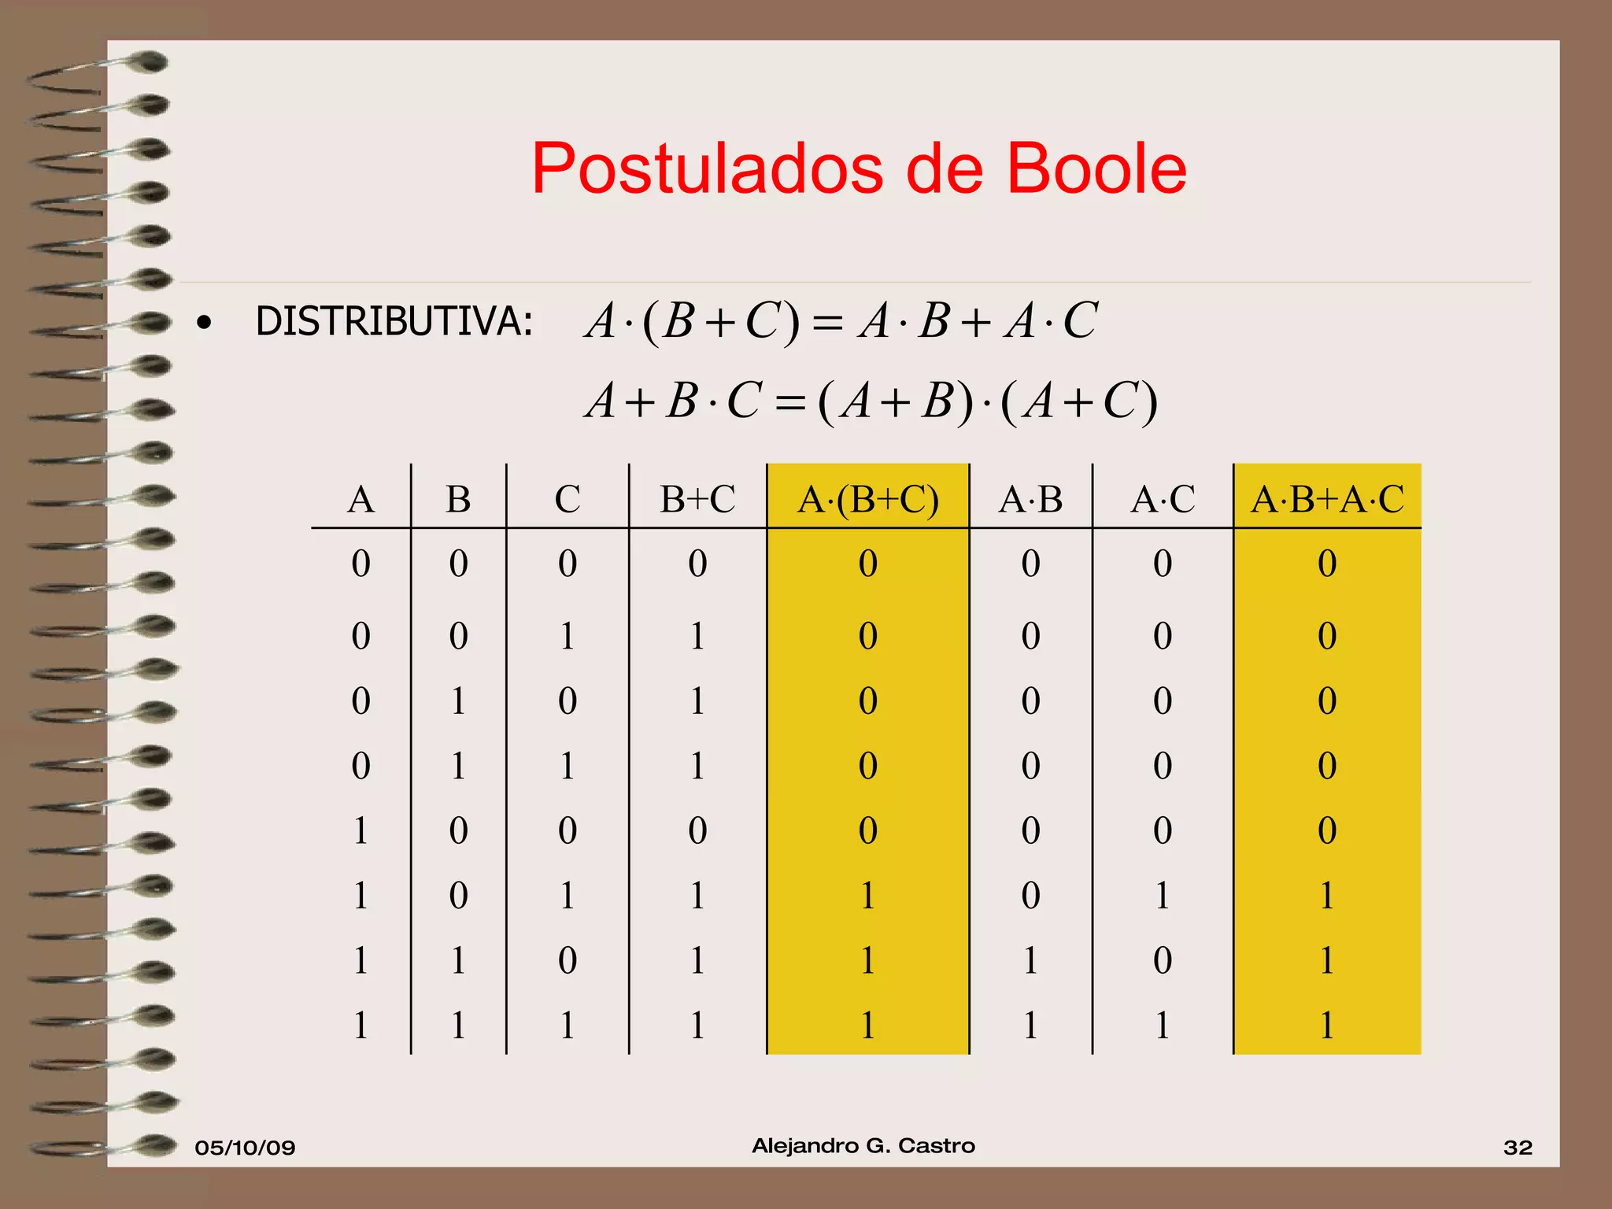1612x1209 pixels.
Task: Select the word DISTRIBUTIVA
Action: tap(394, 322)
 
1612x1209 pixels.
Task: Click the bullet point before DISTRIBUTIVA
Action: tap(205, 323)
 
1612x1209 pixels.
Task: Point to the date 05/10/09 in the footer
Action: tap(245, 1148)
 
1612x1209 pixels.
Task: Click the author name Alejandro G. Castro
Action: tap(863, 1146)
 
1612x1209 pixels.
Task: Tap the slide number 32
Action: tap(1518, 1148)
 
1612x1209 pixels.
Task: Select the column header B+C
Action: tap(697, 499)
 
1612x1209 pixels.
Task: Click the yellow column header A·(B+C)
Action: tap(867, 499)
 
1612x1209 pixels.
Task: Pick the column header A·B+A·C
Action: tap(1327, 499)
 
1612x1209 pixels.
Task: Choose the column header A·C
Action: tap(1163, 499)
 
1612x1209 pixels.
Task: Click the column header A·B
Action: tap(1030, 499)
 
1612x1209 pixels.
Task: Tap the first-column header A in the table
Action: tap(360, 499)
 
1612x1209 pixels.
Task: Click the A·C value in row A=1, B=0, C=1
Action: tap(1163, 896)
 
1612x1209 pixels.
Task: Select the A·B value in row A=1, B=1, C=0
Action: tap(1030, 960)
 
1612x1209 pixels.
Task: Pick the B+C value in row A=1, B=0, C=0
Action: tap(697, 830)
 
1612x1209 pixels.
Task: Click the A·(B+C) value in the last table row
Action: tap(867, 1026)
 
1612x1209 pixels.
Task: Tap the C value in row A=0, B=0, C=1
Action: tap(568, 636)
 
